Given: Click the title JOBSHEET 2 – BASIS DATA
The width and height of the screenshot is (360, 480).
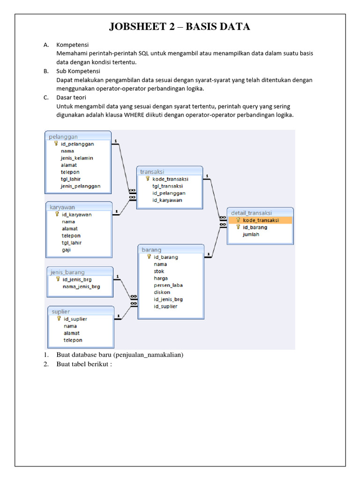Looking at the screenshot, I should (x=180, y=27).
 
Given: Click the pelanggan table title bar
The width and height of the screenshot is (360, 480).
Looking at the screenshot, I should (x=78, y=136).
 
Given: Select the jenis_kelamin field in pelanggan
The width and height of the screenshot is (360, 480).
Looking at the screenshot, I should (x=77, y=158).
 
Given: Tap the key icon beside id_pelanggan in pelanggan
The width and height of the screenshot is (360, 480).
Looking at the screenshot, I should (x=56, y=144).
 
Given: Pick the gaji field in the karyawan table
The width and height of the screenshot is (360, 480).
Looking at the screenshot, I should (x=67, y=250).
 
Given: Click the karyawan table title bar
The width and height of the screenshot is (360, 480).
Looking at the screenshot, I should (x=79, y=207).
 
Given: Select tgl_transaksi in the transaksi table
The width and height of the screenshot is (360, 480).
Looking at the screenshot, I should (x=167, y=186).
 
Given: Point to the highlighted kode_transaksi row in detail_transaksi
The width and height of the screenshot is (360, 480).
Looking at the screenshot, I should (x=261, y=220).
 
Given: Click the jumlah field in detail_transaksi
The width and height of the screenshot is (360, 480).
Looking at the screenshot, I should (x=251, y=234).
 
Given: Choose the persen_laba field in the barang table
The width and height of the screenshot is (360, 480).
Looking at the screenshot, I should (x=168, y=285).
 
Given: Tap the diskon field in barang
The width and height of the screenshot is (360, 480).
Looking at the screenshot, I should (x=162, y=292).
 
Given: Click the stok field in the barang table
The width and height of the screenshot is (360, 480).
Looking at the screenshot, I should (x=159, y=271).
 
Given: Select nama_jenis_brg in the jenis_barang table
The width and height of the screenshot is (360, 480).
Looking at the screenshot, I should (x=81, y=286).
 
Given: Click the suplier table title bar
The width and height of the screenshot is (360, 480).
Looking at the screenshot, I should (x=81, y=311).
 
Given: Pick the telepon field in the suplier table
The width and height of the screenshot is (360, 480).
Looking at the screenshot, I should (x=73, y=340).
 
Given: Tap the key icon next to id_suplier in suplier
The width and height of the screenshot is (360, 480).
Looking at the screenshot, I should (x=59, y=319).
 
